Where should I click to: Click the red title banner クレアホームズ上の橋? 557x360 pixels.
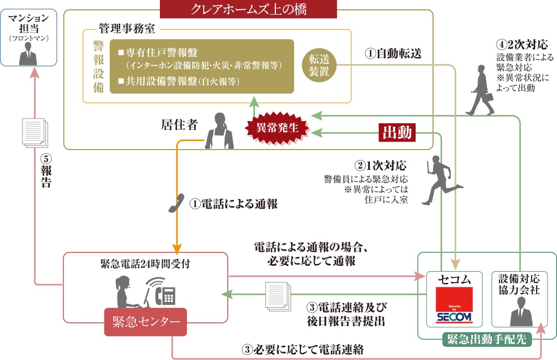point(248,9)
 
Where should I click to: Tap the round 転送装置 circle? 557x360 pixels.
point(319,65)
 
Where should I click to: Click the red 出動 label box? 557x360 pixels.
point(397,133)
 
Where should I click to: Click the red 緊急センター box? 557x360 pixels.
point(145,321)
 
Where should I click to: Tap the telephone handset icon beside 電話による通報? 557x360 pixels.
point(177,204)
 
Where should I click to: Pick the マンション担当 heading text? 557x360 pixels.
point(29,24)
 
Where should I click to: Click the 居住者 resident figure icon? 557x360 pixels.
point(218,131)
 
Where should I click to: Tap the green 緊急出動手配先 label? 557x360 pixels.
point(486,340)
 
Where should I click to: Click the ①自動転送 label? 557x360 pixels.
point(393,53)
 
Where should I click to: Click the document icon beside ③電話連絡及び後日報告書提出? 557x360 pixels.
point(278,296)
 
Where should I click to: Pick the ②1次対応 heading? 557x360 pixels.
point(381,166)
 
